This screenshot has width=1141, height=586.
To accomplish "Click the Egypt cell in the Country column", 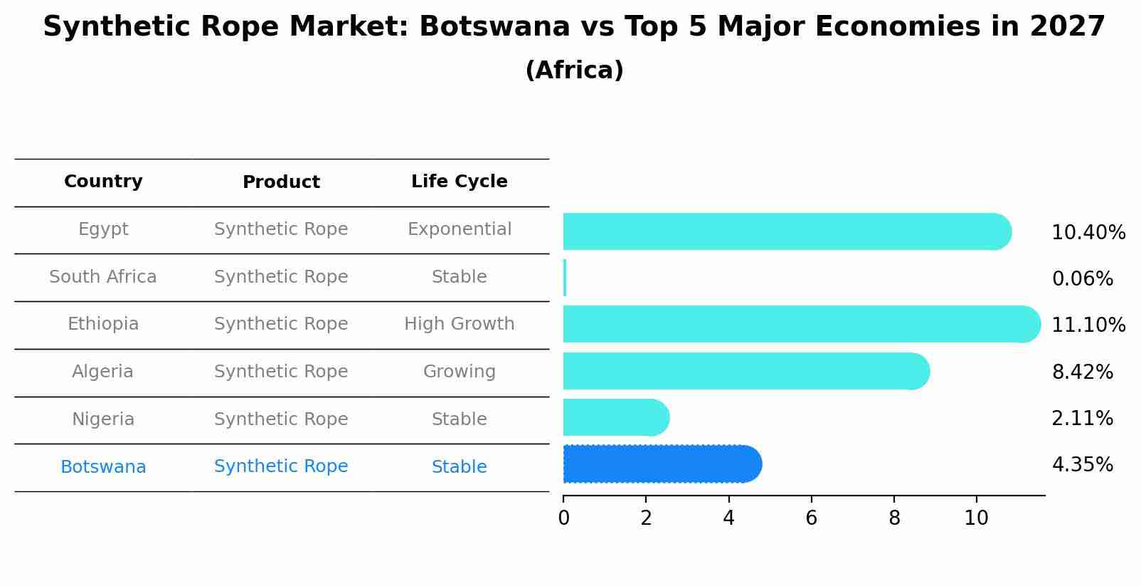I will pos(103,229).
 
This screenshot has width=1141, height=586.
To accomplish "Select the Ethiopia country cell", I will pos(103,324).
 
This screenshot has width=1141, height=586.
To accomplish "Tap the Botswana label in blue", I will pos(103,467).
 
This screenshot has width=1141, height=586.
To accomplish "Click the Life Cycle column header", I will pos(459,182).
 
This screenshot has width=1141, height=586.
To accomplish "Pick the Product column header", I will pos(281,182).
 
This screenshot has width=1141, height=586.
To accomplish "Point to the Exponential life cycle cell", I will pos(459,229).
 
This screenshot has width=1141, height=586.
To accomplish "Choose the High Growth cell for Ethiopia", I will pos(459,324).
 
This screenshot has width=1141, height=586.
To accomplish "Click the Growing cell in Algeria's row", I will pos(459,372).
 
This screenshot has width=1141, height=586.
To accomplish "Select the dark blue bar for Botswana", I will pos(662,464).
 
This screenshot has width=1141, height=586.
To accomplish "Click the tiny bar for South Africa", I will pos(565,278).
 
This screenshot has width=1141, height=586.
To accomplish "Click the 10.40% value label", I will pos(1088,233).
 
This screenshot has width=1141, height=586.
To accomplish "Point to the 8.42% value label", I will pos(1082,372).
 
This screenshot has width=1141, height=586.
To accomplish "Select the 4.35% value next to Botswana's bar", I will pos(1082,465).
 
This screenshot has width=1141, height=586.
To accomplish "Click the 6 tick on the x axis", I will pos(811,518).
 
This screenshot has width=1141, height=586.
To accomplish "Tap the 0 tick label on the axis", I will pos(563,518).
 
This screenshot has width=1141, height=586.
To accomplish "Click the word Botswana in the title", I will pos(494,27).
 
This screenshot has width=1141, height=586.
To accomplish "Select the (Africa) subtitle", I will pos(574,70).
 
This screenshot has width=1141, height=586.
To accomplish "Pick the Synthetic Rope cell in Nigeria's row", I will pos(281,419).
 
